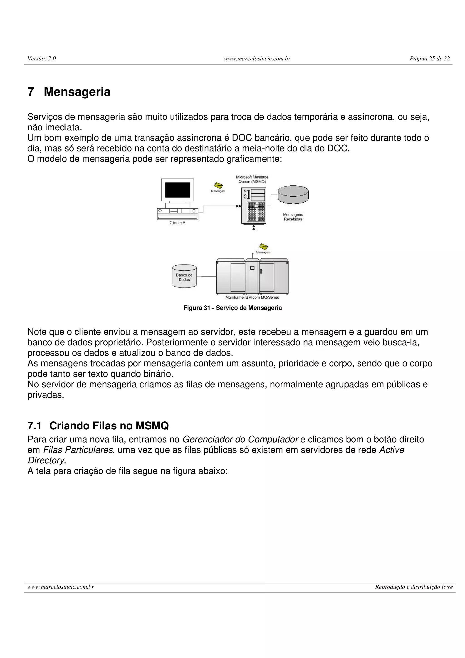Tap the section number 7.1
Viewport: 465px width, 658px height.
34,426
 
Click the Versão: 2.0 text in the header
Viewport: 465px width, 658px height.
42,59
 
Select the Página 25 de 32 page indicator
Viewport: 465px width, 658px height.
430,59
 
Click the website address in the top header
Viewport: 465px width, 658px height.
257,59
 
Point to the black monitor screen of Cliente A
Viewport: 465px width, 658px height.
177,190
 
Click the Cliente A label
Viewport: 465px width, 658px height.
177,223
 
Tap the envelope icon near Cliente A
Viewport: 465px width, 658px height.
218,186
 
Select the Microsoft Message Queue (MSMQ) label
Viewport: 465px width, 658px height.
252,179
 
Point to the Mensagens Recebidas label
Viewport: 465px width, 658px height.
293,217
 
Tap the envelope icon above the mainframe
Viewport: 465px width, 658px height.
263,247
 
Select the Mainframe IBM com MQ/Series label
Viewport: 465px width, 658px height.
252,297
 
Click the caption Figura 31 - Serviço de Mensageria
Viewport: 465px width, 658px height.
232,308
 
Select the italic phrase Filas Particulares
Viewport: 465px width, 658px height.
78,450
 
